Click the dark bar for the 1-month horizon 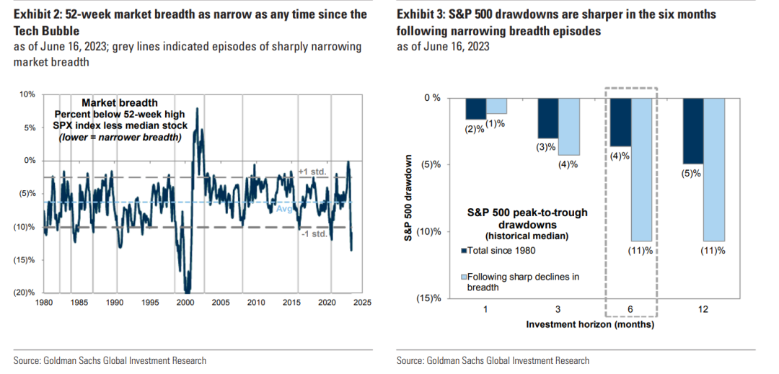tap(475, 108)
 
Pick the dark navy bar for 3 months tap(547, 118)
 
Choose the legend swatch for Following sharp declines tap(464, 277)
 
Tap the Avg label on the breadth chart tap(285, 209)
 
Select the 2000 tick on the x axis tap(186, 303)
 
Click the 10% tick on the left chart tap(27, 94)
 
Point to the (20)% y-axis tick tap(25, 292)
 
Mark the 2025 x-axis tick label tap(361, 303)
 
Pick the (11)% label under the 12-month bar tap(711, 251)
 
